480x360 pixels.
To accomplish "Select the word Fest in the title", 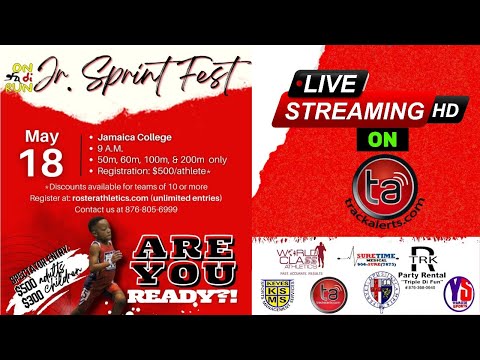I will pos(212,73).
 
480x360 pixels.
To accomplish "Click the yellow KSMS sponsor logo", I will pos(274,292).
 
